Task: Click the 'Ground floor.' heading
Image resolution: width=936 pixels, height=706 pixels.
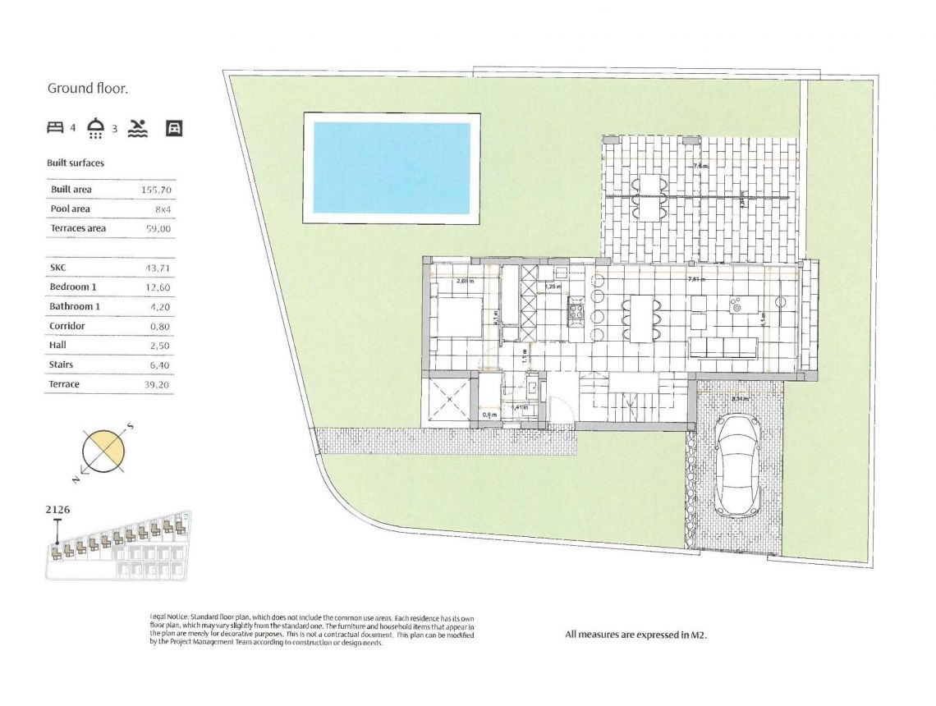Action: (88, 89)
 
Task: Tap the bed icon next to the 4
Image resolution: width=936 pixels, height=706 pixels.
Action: (55, 127)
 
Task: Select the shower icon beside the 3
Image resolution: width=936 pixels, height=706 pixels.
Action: (97, 127)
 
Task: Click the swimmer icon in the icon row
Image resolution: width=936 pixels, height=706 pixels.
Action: (139, 127)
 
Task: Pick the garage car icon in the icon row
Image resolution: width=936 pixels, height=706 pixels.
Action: (174, 127)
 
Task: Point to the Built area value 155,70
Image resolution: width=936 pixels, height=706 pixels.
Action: (156, 190)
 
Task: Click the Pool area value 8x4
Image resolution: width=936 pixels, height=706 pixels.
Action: (163, 209)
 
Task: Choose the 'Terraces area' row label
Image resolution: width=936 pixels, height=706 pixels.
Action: (78, 228)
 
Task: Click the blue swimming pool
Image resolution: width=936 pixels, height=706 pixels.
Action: (392, 168)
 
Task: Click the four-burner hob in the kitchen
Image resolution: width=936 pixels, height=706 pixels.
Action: (576, 311)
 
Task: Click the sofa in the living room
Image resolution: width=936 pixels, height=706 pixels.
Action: (723, 346)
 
